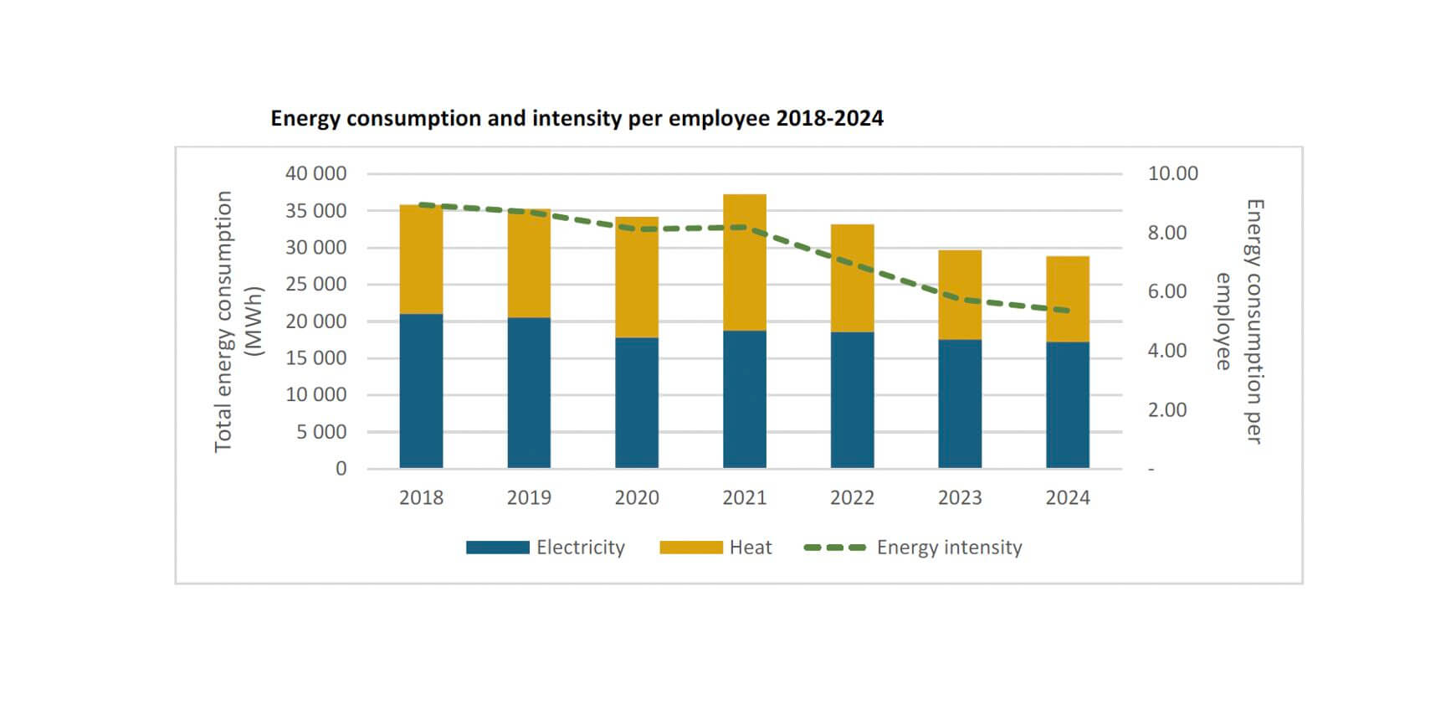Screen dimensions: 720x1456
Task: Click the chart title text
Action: click(577, 118)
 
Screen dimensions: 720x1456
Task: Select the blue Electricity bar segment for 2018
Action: click(421, 391)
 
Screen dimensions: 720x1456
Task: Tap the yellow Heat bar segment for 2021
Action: click(744, 262)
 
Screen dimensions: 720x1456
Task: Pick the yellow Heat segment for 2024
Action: click(1067, 299)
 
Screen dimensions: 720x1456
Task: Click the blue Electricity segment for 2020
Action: click(636, 403)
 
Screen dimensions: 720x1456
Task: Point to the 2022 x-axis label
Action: click(852, 498)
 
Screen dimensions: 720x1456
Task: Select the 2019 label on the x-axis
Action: click(529, 498)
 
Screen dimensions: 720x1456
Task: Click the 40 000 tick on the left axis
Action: click(315, 173)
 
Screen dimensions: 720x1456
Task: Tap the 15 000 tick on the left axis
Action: click(315, 357)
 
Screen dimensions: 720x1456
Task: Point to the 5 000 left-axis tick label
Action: click(321, 432)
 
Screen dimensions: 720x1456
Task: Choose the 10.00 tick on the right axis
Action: click(1172, 173)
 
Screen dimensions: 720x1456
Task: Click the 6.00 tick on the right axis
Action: click(1166, 291)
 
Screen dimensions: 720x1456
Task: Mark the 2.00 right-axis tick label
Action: click(1166, 409)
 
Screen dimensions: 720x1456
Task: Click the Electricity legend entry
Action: click(580, 548)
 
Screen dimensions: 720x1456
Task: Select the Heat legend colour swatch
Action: click(690, 548)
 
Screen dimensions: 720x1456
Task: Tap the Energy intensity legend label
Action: click(949, 548)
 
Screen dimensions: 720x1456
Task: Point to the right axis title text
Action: click(1239, 321)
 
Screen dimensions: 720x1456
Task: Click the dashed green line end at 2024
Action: click(1067, 311)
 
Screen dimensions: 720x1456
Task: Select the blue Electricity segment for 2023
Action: click(960, 404)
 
